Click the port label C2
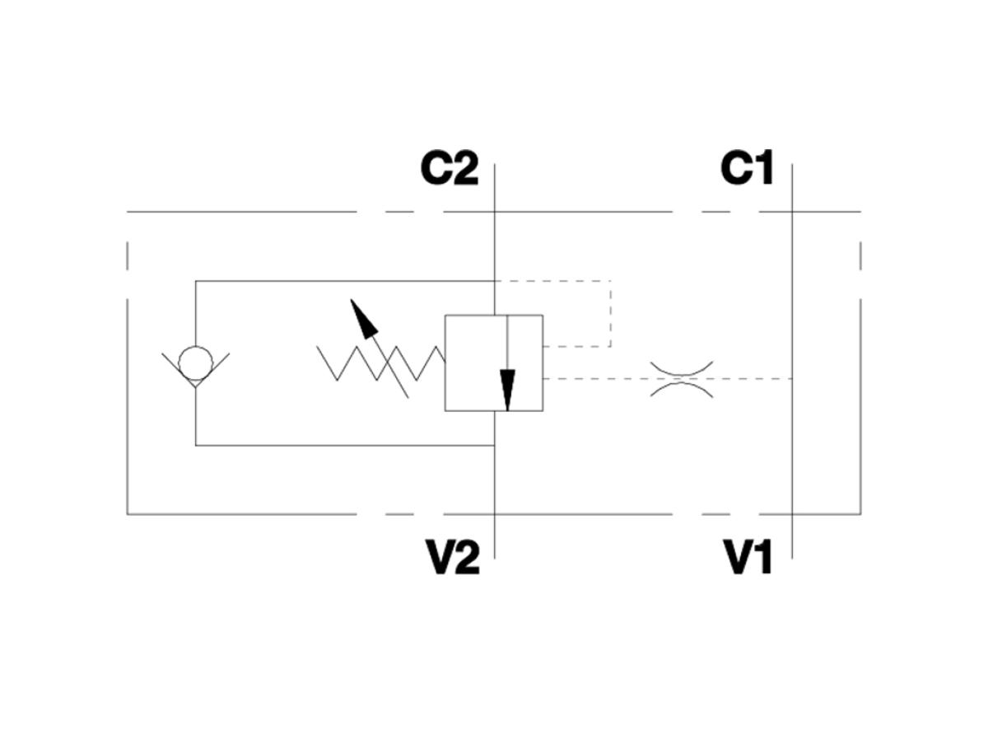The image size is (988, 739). coord(449,168)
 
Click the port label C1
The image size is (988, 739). coord(747,168)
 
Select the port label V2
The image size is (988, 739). coord(452,558)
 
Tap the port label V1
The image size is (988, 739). coord(748,558)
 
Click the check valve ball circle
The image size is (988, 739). coord(195,363)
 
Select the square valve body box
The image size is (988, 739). coord(493,362)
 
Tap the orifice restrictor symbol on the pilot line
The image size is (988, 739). coord(682,378)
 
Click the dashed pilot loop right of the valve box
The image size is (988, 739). coord(610,313)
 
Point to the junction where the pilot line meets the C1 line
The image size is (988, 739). coord(792,378)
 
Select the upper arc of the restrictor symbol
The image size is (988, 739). coord(682,368)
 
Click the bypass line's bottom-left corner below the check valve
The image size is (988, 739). coord(195,445)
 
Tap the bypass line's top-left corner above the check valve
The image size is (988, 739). coord(195,281)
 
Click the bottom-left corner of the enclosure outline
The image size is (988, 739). coord(128,514)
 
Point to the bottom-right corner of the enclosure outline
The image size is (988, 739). coord(860,514)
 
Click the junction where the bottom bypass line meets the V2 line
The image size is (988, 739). coord(494,445)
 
